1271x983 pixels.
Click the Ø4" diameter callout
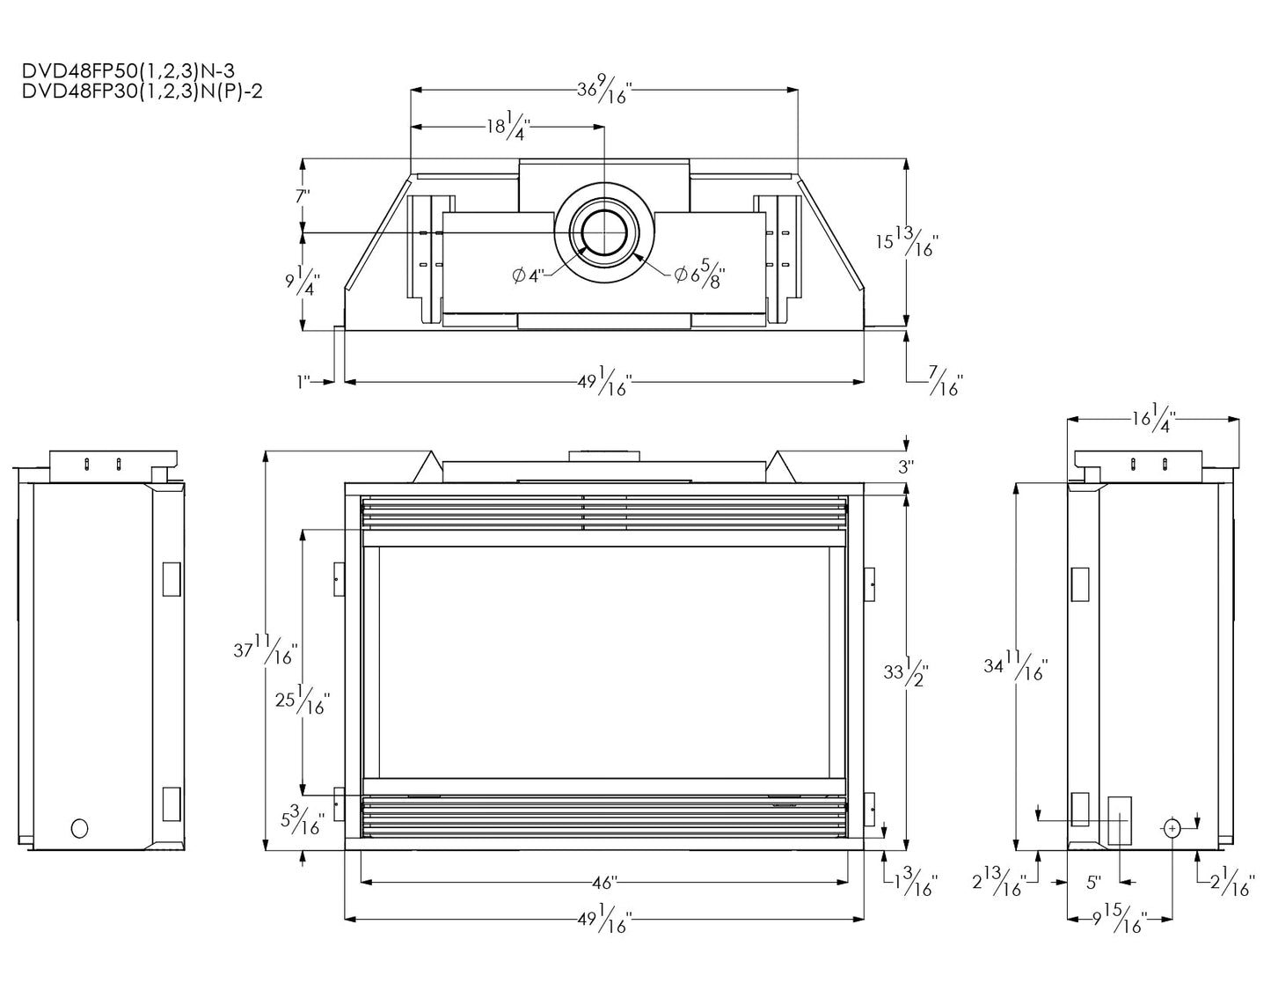[529, 275]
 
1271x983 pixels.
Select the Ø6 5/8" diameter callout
[701, 276]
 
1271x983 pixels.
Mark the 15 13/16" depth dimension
[907, 244]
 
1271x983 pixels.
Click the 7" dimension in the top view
[303, 196]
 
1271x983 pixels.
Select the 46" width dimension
[604, 881]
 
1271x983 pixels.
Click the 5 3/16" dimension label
[303, 820]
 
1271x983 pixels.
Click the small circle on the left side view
[80, 828]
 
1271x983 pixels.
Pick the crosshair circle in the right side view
[1173, 828]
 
